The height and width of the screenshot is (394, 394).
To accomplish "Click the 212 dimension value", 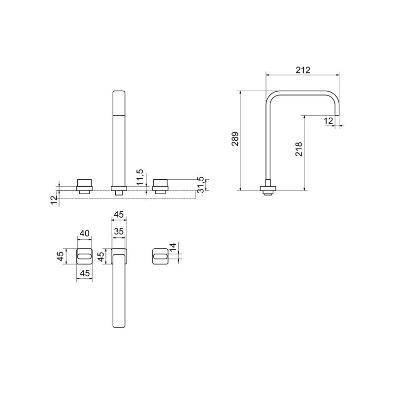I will (303, 70).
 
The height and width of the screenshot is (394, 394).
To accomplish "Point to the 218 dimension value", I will (299, 149).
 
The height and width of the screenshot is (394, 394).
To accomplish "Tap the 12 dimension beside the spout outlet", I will (328, 121).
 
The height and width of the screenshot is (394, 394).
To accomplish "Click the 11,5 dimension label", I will (140, 177).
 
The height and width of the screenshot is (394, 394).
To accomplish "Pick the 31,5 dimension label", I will (199, 184).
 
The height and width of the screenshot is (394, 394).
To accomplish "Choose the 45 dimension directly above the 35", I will (119, 215).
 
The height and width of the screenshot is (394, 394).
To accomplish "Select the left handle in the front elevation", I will (85, 186).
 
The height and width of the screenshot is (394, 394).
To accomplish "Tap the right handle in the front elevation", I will (161, 186).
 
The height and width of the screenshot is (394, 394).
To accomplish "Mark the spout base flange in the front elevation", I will (119, 188).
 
